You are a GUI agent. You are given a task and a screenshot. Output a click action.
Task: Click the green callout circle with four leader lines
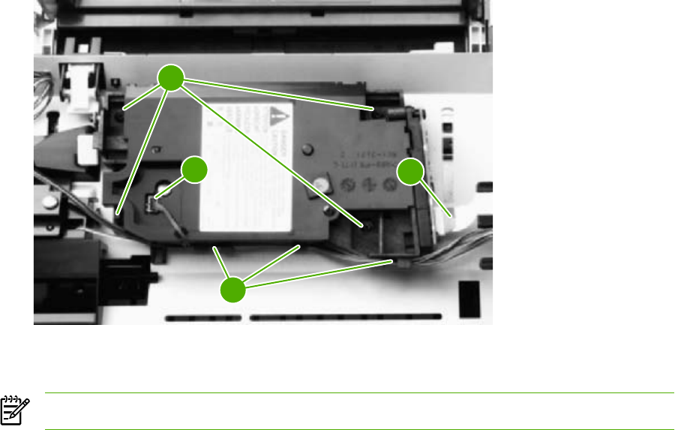(172, 78)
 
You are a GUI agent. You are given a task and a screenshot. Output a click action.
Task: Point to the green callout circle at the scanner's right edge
(410, 173)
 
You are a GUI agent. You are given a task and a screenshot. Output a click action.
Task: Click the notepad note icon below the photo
(13, 410)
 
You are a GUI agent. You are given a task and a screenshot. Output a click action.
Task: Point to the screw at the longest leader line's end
(367, 224)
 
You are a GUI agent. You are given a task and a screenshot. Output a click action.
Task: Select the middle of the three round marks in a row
(368, 182)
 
